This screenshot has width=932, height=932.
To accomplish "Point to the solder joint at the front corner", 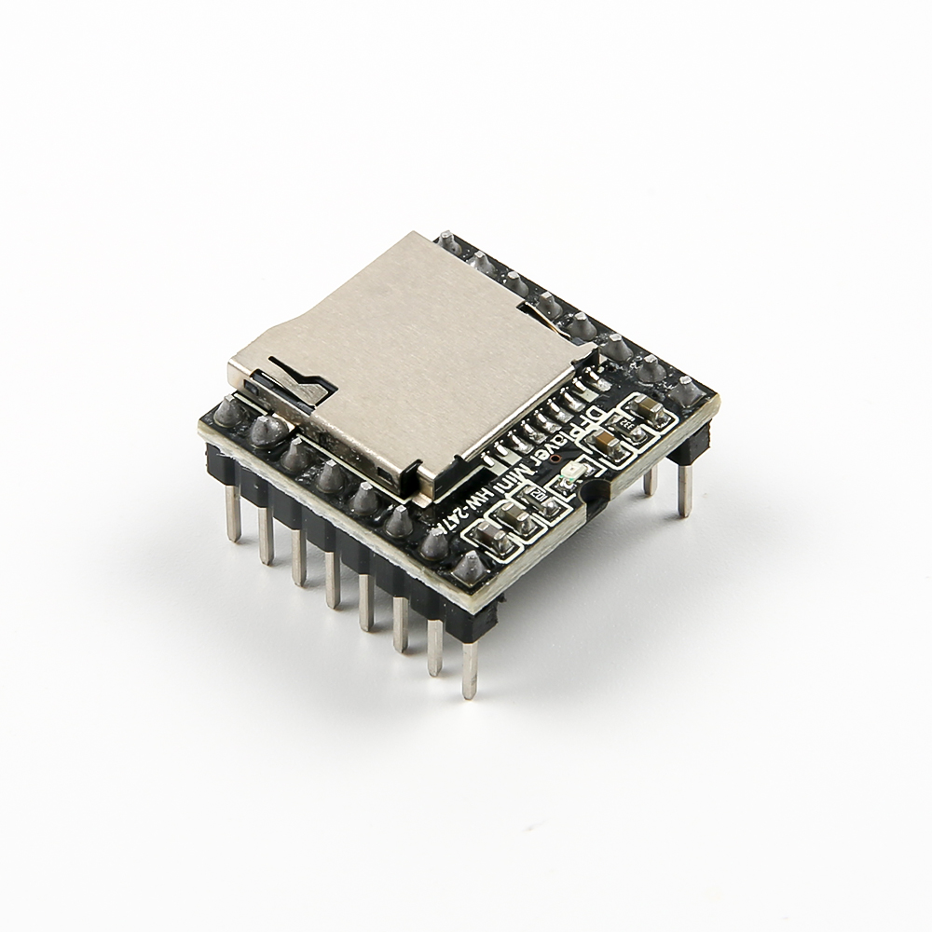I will point(470,567).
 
